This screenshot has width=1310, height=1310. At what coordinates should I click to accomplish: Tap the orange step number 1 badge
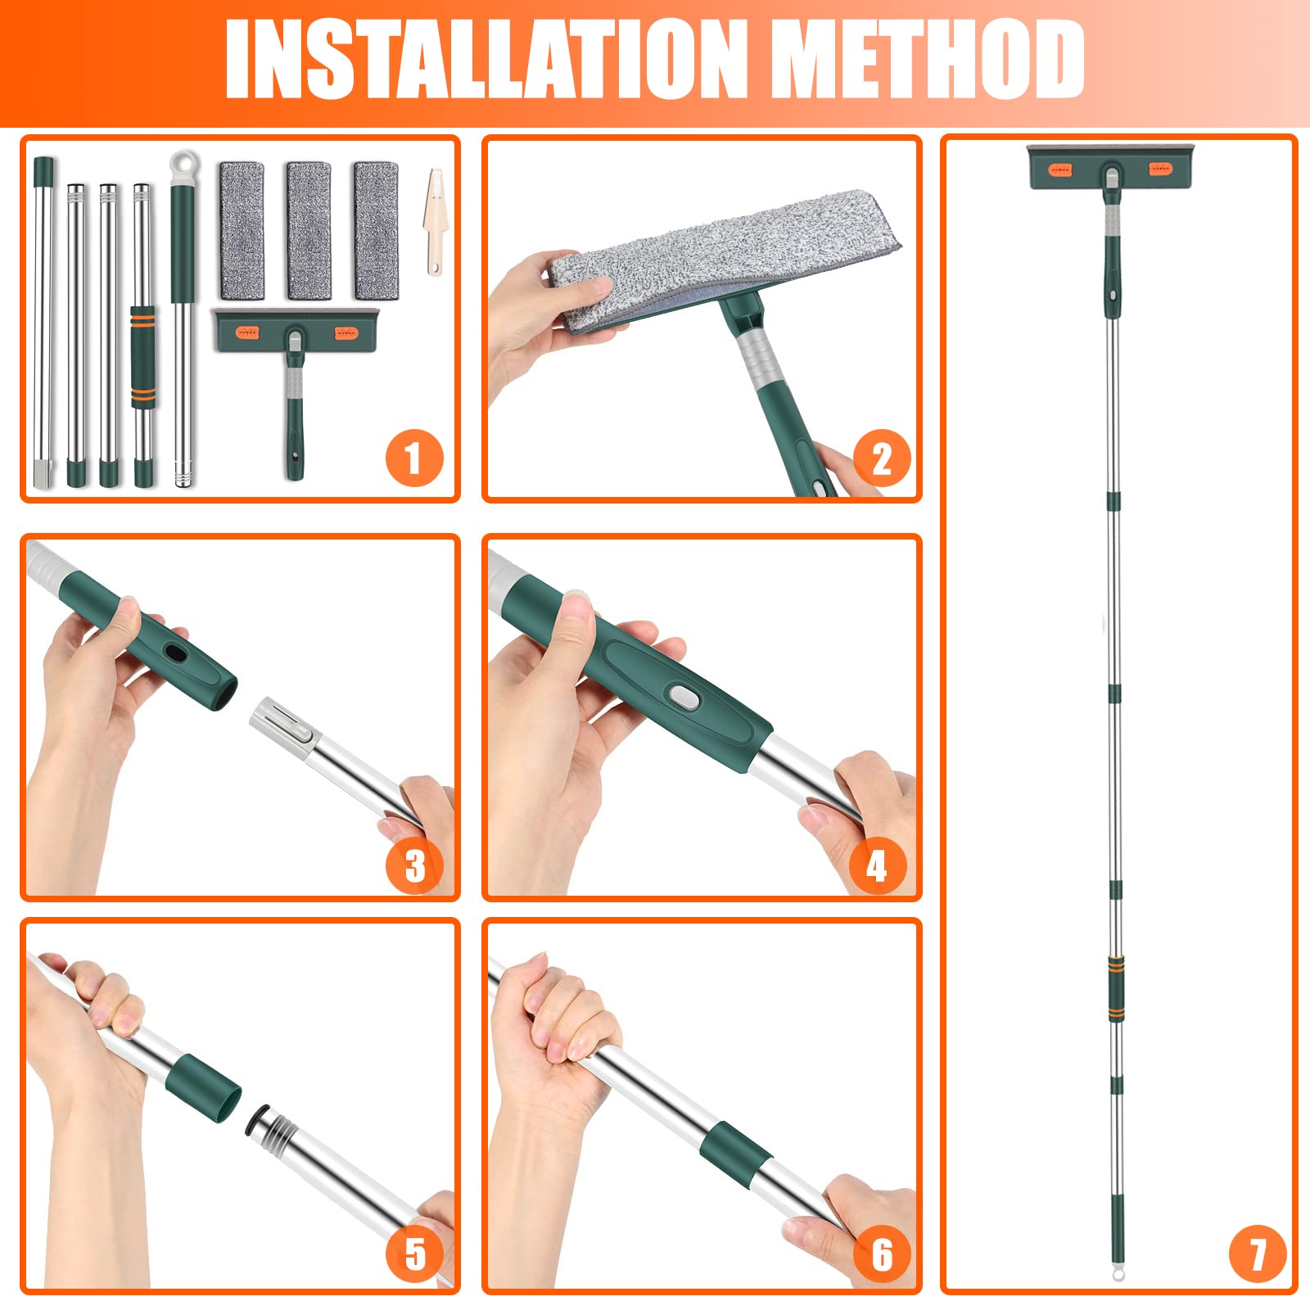tap(414, 458)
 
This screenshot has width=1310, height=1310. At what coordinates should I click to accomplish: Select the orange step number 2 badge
tap(882, 458)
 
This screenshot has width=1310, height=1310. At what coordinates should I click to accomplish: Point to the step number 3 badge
tap(414, 865)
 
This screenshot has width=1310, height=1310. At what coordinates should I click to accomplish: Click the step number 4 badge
tap(877, 865)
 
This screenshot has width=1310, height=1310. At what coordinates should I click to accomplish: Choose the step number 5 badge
tap(414, 1254)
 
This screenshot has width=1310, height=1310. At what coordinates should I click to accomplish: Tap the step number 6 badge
tap(882, 1254)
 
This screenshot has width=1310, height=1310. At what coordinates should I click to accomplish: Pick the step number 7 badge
tap(1258, 1254)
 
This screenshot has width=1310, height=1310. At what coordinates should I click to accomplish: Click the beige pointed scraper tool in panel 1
tap(434, 222)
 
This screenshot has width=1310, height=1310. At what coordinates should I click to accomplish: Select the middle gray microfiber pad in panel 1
tap(309, 231)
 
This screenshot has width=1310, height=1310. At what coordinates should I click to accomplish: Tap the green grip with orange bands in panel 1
tap(142, 357)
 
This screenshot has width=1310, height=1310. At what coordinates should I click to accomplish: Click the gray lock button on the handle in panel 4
tap(682, 698)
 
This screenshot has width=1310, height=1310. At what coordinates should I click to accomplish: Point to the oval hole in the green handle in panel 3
tap(175, 653)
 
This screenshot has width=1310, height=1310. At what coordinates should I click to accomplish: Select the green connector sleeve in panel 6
tap(735, 1154)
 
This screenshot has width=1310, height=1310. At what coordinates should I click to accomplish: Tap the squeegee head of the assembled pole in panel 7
tap(1111, 167)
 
